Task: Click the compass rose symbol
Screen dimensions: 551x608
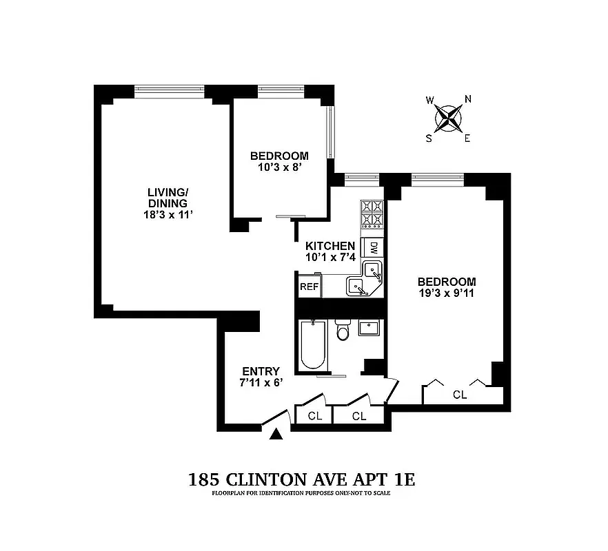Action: coord(449,118)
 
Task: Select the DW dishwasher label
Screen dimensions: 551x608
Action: coord(374,247)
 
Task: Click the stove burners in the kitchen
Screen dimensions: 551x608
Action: coord(372,213)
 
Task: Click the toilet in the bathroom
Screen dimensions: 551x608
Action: coord(343,333)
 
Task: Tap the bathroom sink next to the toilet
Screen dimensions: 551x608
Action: coord(369,329)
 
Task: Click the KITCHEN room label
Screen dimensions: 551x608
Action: coord(330,246)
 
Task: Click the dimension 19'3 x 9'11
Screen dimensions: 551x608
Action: coord(447,293)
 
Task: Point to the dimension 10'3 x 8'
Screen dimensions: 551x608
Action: coord(279,167)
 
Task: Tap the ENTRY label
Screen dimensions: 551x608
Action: coord(261,372)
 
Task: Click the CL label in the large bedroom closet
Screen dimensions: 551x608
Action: coord(460,395)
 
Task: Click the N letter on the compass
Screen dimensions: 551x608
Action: coord(468,99)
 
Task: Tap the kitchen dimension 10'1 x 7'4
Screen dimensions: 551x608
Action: coord(330,257)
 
